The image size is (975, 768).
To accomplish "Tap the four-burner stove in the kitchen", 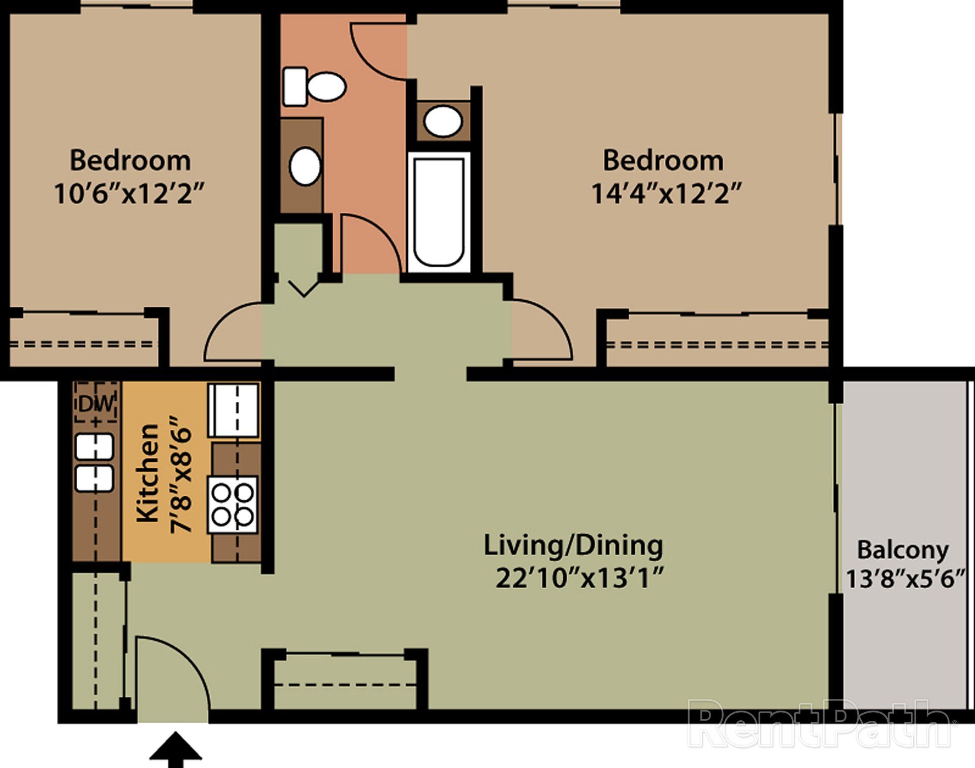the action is click(x=233, y=504).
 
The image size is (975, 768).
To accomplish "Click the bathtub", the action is click(x=439, y=212).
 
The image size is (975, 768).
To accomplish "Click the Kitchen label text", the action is click(x=148, y=473).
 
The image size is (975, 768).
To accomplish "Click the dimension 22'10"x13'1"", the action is click(x=580, y=578).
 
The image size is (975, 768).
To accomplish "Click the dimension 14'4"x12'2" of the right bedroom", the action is click(x=667, y=194).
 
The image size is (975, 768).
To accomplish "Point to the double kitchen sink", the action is click(x=94, y=462).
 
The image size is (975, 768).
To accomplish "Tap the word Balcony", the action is click(x=903, y=550).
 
